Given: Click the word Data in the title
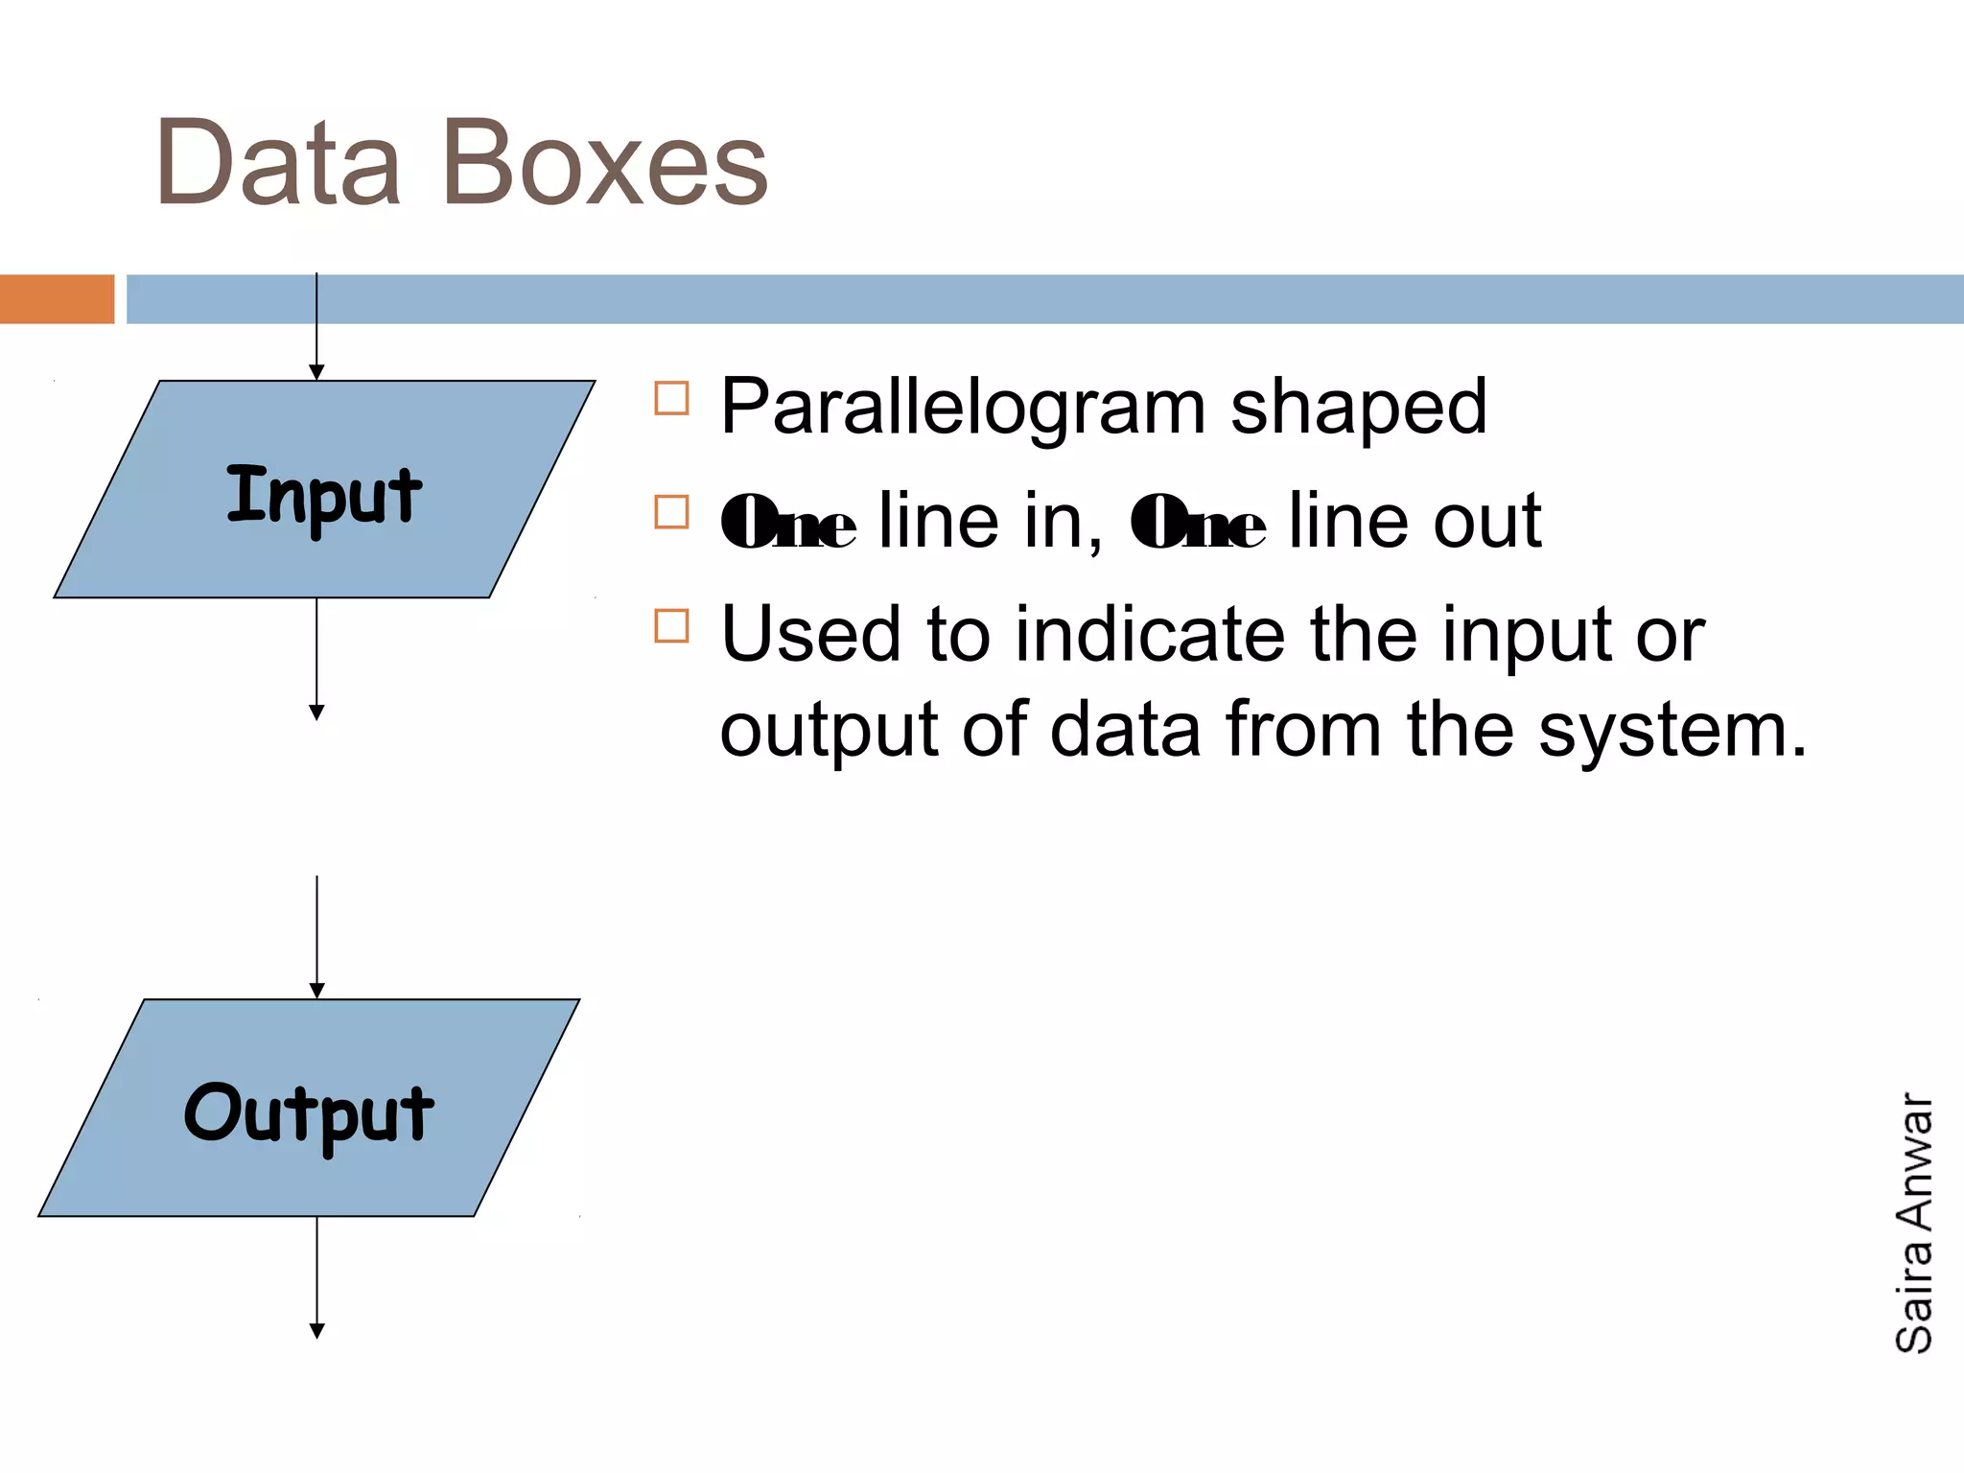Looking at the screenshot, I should point(277,163).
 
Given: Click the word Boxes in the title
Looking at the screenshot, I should point(605,163).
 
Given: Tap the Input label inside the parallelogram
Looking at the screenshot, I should point(324,495).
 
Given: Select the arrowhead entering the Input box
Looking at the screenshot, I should point(316,372).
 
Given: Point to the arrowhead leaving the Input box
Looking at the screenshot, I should point(316,712).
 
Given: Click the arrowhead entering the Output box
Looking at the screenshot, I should point(316,991).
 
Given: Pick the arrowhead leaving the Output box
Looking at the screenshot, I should point(316,1330).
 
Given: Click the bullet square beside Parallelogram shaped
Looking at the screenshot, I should point(671,398).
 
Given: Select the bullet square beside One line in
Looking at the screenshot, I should point(671,512).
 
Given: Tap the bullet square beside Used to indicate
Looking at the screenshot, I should point(671,626).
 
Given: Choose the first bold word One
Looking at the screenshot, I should point(788,523).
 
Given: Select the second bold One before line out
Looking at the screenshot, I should point(1198,523).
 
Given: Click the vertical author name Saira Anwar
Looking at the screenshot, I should point(1914,1223).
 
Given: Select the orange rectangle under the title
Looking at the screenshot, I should point(57,299).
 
